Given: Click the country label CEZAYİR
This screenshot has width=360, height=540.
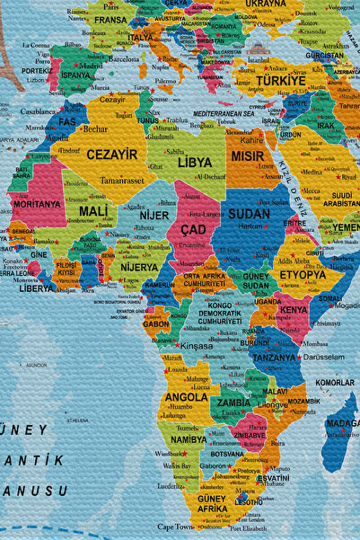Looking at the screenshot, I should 112,155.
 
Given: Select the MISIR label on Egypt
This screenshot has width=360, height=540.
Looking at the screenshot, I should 248,155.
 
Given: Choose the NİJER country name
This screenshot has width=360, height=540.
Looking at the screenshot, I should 154,216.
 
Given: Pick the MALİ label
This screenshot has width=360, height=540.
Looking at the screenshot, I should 93,211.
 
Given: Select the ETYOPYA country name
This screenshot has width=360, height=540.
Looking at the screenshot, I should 303,274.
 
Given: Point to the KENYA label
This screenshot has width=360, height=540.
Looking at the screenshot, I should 293,310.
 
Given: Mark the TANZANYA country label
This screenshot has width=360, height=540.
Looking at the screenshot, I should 274,357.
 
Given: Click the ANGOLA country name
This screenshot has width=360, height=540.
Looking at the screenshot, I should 187,396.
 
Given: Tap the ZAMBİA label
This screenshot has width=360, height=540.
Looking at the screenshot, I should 233,403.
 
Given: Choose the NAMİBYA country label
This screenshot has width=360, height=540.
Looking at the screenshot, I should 188,439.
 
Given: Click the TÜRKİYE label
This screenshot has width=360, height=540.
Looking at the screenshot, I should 281,80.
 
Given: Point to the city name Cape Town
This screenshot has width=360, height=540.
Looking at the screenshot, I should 177,527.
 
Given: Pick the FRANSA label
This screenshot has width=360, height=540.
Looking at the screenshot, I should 110,19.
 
